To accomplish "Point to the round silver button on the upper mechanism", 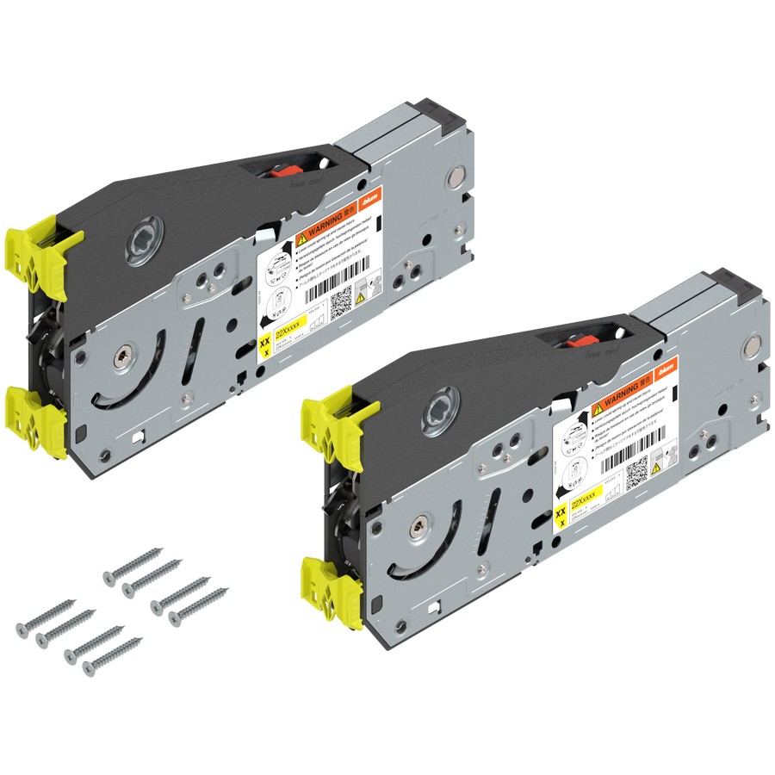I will click(x=455, y=180).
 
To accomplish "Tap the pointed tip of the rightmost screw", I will click(x=227, y=590).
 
